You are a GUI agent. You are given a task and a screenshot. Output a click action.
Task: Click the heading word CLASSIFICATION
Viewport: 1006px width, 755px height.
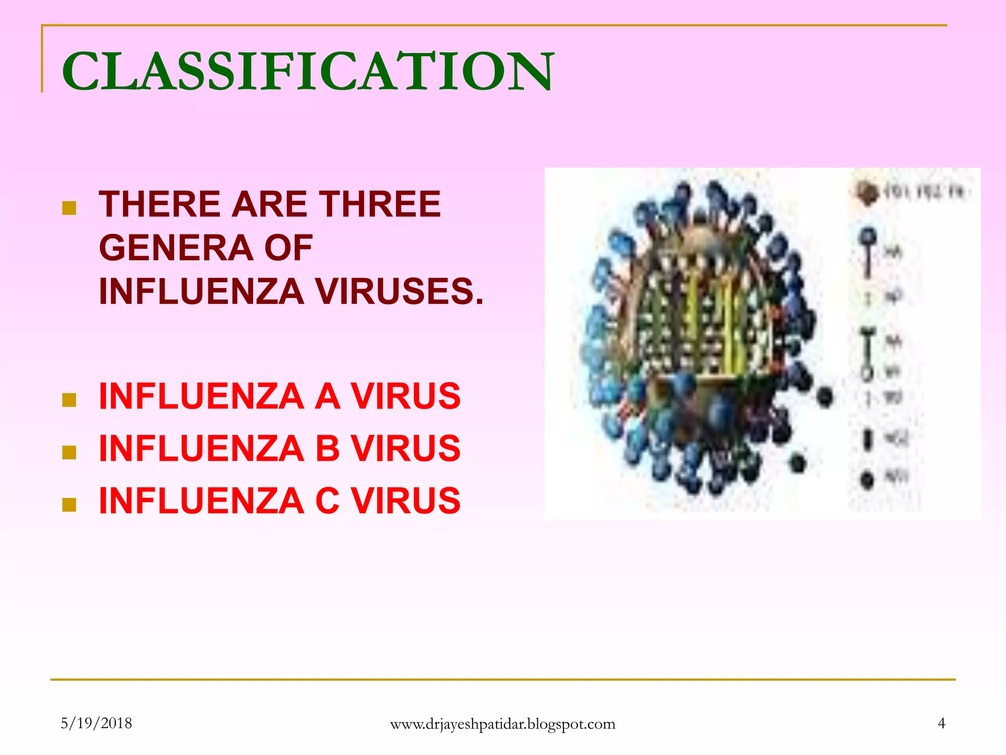pyautogui.click(x=308, y=72)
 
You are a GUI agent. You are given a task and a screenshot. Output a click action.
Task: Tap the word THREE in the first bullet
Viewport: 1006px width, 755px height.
pyautogui.click(x=380, y=204)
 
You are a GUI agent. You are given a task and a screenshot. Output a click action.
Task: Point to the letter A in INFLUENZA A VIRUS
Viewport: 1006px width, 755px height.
pyautogui.click(x=327, y=396)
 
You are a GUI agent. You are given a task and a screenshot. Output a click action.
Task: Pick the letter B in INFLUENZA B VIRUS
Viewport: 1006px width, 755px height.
pyautogui.click(x=328, y=448)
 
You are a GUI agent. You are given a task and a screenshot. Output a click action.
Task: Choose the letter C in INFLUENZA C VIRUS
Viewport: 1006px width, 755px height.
pyautogui.click(x=328, y=501)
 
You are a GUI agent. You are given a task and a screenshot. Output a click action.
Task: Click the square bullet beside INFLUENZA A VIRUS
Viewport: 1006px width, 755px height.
pyautogui.click(x=69, y=400)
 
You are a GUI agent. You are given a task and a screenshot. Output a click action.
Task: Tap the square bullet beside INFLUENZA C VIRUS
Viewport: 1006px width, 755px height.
pyautogui.click(x=69, y=505)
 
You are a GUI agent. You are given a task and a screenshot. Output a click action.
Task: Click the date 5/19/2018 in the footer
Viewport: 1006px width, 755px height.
pyautogui.click(x=96, y=723)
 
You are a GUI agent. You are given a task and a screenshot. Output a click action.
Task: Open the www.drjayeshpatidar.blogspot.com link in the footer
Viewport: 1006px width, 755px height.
pyautogui.click(x=503, y=724)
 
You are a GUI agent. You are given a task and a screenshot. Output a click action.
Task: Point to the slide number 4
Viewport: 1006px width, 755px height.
pyautogui.click(x=941, y=723)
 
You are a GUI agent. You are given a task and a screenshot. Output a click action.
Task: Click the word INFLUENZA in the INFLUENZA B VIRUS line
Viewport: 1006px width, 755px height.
pyautogui.click(x=201, y=448)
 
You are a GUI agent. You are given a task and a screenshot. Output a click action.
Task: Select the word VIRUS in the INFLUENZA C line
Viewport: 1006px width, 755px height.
pyautogui.click(x=406, y=501)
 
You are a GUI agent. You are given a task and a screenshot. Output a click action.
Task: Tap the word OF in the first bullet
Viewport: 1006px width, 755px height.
pyautogui.click(x=288, y=247)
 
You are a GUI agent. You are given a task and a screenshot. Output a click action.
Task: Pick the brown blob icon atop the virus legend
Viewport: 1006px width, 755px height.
pyautogui.click(x=866, y=192)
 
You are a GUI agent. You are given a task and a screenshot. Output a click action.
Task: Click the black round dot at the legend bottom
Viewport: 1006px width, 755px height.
pyautogui.click(x=867, y=479)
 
